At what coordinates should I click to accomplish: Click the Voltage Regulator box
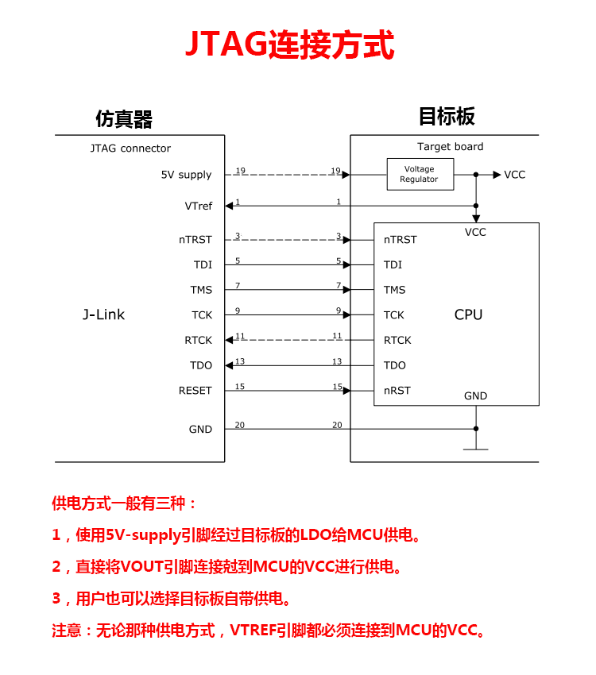(420, 174)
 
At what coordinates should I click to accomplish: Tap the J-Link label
(103, 314)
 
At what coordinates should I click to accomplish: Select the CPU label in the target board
(468, 314)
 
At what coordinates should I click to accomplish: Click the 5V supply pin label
(186, 175)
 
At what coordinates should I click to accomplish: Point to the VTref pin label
(198, 206)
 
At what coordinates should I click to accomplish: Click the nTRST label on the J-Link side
(195, 240)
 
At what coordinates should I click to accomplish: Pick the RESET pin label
(195, 391)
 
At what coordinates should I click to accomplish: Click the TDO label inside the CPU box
(394, 365)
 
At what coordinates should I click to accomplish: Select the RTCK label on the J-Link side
(198, 340)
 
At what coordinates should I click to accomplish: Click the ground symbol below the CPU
(475, 446)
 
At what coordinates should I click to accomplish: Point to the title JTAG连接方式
(289, 45)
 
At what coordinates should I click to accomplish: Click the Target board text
(450, 147)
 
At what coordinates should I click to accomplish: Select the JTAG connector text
(130, 148)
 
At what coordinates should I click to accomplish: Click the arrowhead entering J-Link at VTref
(229, 206)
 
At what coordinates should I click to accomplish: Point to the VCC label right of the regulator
(514, 175)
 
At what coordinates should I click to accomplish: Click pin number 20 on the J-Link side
(239, 426)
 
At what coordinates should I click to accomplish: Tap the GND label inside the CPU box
(475, 396)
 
